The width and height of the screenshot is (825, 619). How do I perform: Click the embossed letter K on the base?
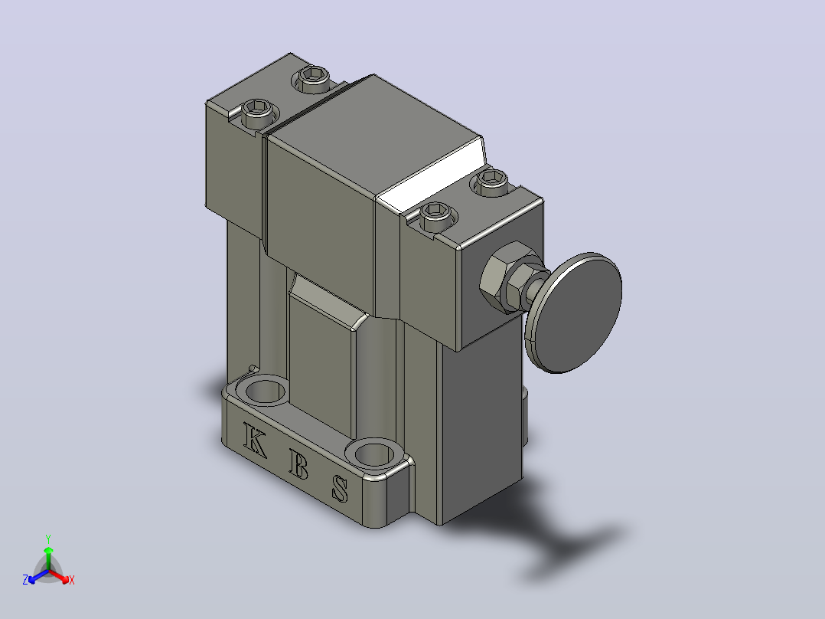[x=254, y=440]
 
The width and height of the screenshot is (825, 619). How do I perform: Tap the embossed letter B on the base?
[x=298, y=463]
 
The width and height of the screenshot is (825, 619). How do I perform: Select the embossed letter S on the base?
[x=340, y=488]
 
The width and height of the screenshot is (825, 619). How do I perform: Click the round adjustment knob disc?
[x=574, y=313]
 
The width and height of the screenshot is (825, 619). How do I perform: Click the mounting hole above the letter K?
[x=262, y=391]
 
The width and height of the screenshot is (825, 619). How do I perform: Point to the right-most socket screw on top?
[x=492, y=182]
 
